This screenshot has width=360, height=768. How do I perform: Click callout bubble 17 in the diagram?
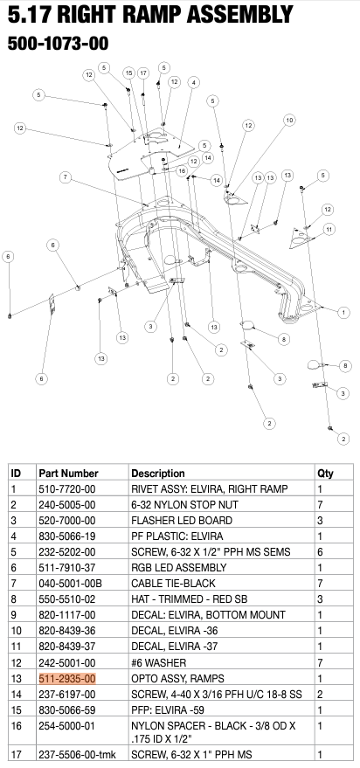[x=143, y=73]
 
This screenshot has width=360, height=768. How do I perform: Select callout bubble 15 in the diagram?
[x=128, y=73]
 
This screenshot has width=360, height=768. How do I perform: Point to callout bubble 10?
[x=288, y=120]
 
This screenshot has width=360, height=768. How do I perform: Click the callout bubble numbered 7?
[x=65, y=177]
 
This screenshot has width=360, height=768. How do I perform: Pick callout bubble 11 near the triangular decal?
[x=329, y=229]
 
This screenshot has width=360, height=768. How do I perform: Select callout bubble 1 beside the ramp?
[x=343, y=312]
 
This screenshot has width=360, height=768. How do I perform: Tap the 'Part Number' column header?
[x=68, y=473]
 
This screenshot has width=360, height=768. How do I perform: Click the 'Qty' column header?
[x=325, y=473]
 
